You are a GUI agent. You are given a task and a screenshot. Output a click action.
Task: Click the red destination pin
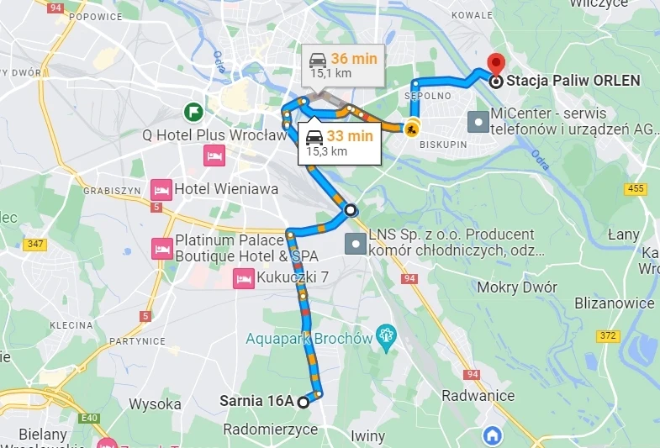(495, 63)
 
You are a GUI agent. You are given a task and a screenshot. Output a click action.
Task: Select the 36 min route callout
(343, 64)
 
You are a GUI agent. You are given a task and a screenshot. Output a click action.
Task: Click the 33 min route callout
(339, 142)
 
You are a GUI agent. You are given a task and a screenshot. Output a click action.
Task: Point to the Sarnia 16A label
(256, 401)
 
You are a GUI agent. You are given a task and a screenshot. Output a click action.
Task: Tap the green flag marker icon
(194, 111)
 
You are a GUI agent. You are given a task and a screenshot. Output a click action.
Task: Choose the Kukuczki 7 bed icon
(244, 277)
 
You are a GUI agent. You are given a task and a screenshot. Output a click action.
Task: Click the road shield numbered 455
(636, 188)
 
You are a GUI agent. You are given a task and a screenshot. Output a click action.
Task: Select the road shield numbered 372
(608, 336)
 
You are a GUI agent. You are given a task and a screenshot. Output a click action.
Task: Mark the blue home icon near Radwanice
(492, 435)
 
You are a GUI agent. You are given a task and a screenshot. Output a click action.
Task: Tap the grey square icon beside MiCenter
(478, 122)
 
